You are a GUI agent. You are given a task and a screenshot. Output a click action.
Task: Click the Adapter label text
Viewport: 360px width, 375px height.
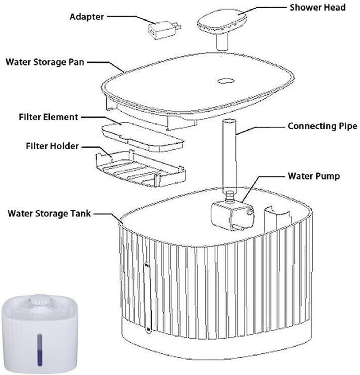pyautogui.click(x=87, y=17)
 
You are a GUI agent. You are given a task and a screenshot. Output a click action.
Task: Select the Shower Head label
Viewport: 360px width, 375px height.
pyautogui.click(x=317, y=7)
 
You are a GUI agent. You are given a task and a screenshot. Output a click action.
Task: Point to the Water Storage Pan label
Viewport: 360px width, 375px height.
pyautogui.click(x=45, y=62)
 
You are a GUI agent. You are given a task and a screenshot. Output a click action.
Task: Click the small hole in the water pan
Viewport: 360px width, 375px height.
pyautogui.click(x=225, y=81)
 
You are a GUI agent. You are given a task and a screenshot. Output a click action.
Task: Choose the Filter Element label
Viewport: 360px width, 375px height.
pyautogui.click(x=48, y=117)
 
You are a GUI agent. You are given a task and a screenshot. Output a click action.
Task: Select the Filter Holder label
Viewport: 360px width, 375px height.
pyautogui.click(x=52, y=146)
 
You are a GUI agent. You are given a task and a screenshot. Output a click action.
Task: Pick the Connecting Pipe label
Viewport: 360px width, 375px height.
pyautogui.click(x=322, y=126)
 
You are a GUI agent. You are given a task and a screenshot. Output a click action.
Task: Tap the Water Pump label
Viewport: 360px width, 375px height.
pyautogui.click(x=314, y=176)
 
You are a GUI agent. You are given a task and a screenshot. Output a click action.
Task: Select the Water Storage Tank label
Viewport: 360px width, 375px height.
pyautogui.click(x=49, y=213)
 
